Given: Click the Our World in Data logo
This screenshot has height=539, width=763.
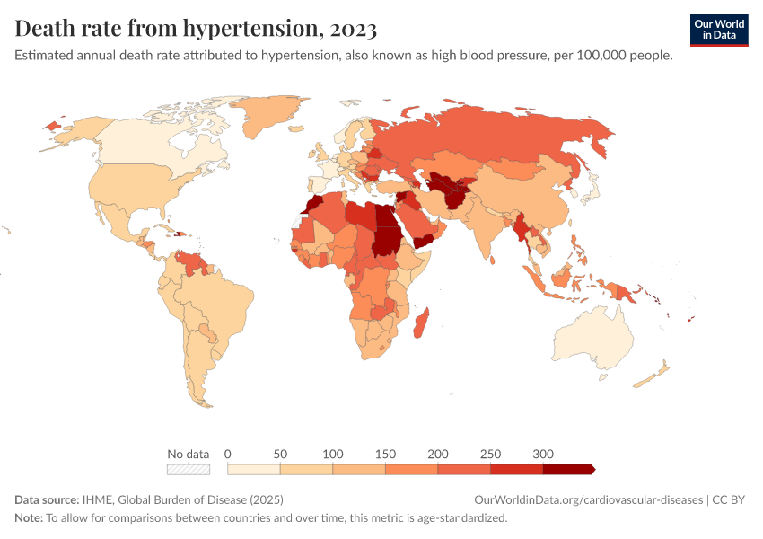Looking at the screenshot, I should pyautogui.click(x=718, y=30).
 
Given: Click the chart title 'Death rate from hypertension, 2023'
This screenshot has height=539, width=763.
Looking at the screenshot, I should pyautogui.click(x=196, y=29).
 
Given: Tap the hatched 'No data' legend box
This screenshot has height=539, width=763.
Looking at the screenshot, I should pyautogui.click(x=189, y=469).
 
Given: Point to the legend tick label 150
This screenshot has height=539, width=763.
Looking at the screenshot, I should pyautogui.click(x=385, y=454).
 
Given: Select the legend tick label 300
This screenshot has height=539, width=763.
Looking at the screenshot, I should pyautogui.click(x=542, y=454).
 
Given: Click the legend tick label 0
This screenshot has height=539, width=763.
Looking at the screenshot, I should pyautogui.click(x=228, y=454).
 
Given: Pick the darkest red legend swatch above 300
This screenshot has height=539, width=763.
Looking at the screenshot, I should pyautogui.click(x=568, y=469).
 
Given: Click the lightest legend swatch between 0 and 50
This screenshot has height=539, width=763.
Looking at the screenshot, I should pyautogui.click(x=254, y=469).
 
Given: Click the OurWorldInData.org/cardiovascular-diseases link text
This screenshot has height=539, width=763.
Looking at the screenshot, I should pyautogui.click(x=588, y=499).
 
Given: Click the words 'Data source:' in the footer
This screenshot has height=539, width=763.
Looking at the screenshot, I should pyautogui.click(x=47, y=499).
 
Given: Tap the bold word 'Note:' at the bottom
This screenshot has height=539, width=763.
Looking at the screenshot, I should pyautogui.click(x=29, y=518).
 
